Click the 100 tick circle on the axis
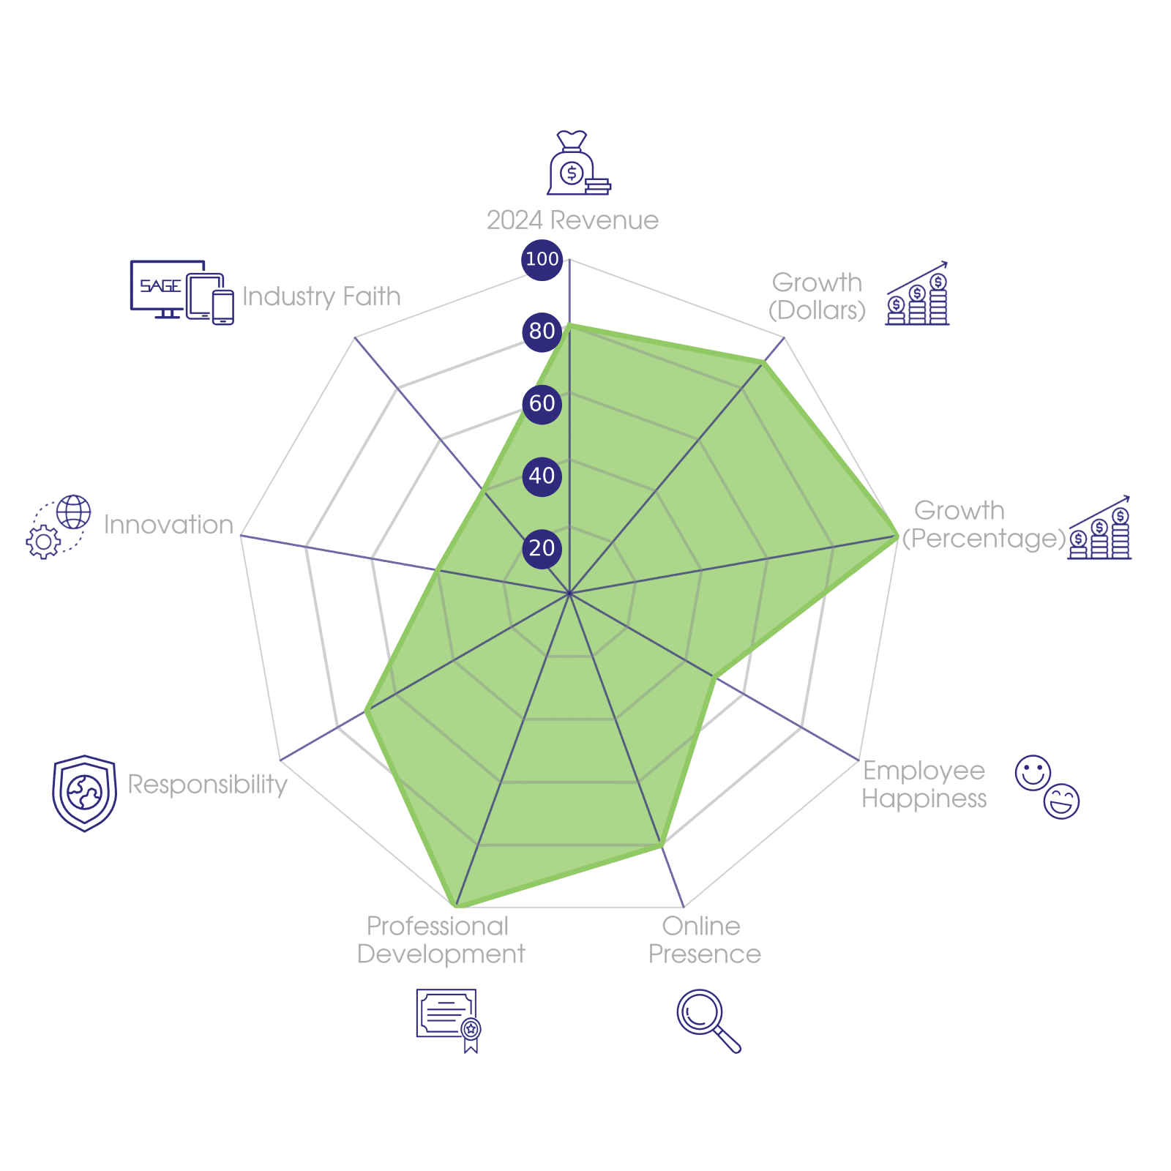pos(542,259)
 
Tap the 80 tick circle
pos(542,332)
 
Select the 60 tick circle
pos(542,403)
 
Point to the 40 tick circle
pos(542,476)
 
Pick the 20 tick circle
pos(542,548)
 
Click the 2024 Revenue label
pos(572,220)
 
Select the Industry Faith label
pos(321,296)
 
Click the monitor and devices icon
pos(182,292)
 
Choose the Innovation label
pos(168,525)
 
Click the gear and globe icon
pos(59,527)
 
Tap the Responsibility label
pos(208,785)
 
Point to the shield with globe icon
pos(84,793)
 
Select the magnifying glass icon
pos(708,1020)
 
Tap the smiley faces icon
pos(1047,786)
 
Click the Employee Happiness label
pos(924,785)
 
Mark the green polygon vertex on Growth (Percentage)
pos(898,537)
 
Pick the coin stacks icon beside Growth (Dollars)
pos(917,294)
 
